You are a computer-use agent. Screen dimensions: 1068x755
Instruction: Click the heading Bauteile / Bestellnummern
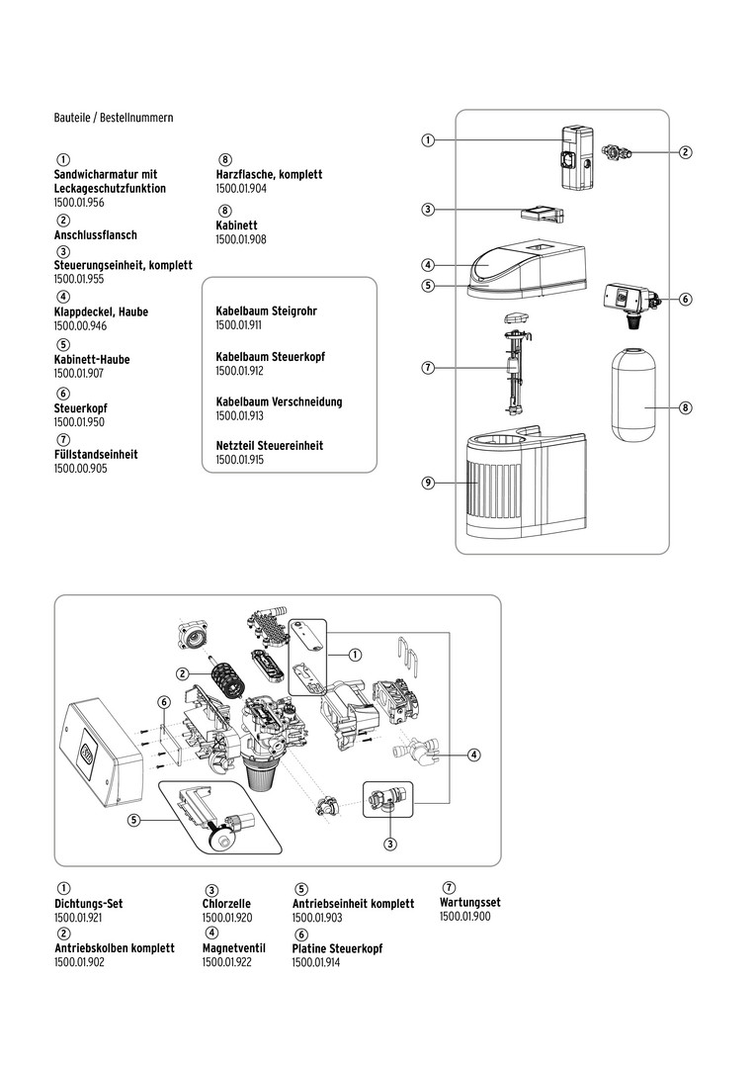(114, 118)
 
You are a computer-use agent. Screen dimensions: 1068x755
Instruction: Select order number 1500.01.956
(79, 202)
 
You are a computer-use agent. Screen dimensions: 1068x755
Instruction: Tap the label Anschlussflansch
(95, 235)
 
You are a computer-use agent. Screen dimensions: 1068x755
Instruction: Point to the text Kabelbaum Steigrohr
(266, 311)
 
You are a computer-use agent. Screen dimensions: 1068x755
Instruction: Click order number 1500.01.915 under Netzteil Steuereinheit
(239, 460)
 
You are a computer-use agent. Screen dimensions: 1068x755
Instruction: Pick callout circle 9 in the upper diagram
(428, 483)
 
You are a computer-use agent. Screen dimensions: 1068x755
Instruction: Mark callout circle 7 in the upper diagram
(428, 368)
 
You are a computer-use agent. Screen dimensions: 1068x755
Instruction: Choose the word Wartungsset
(469, 902)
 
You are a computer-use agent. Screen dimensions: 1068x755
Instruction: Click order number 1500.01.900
(464, 916)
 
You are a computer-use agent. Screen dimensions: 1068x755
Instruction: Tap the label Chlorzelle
(226, 904)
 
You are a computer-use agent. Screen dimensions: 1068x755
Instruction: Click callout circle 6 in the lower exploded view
(164, 701)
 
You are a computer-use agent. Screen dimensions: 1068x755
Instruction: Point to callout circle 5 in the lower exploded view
(133, 819)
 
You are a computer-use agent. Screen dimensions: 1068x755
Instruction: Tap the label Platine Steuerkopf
(337, 948)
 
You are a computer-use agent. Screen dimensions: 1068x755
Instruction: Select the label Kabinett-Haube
(92, 360)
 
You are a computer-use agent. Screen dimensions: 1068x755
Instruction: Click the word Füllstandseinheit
(96, 455)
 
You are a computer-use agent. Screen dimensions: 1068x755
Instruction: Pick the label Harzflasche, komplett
(269, 174)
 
